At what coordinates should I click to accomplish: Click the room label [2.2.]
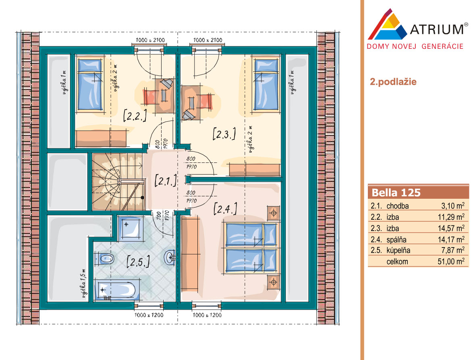pos(135,116)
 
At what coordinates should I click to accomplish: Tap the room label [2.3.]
pos(224,134)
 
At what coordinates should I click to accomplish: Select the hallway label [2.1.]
pos(166,181)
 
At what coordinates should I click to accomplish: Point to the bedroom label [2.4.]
pos(225,208)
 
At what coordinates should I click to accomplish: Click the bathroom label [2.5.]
pos(138,261)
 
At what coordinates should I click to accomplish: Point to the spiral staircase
pos(118,182)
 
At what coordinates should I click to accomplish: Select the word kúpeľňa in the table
pos(398,250)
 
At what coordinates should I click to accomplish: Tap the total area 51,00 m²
pos(451,261)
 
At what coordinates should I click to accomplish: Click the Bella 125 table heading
pos(396,193)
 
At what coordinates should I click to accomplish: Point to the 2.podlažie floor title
pos(393,82)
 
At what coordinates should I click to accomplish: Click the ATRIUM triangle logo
pos(387,25)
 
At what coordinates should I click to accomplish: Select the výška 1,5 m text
pos(84,283)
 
